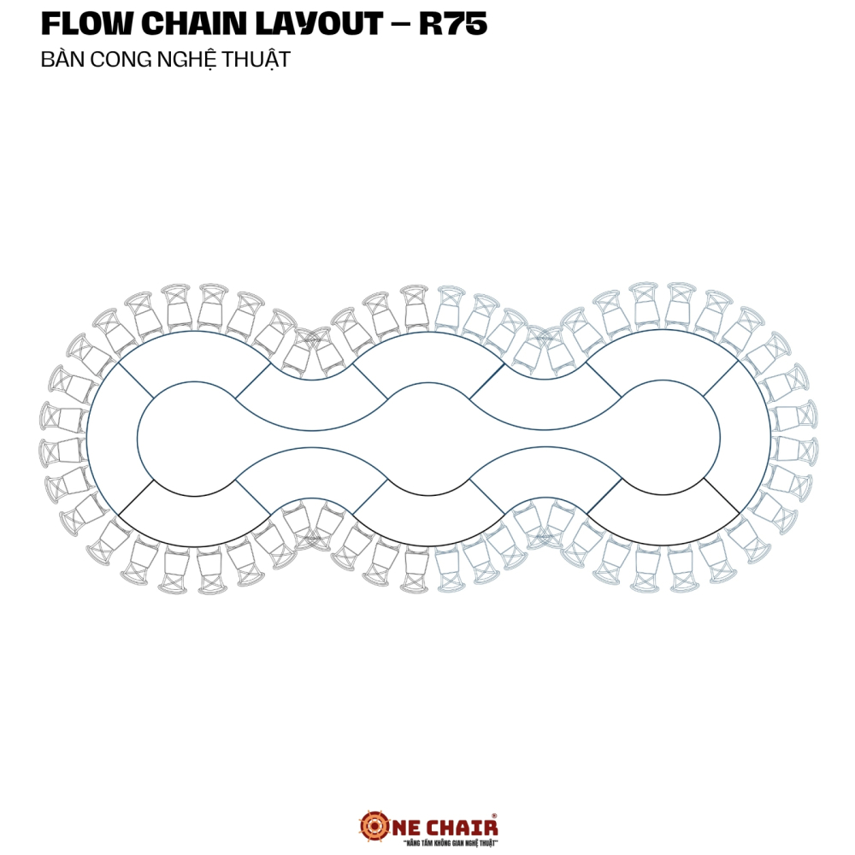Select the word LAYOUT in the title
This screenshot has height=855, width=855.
coord(319,23)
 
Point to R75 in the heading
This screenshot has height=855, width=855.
coord(453,23)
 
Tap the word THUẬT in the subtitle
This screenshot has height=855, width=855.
coord(256,60)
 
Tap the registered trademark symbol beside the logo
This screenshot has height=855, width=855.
coord(494,816)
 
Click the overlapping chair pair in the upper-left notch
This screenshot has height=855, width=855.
coord(312,351)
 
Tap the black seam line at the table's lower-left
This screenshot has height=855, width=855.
coord(136,497)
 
